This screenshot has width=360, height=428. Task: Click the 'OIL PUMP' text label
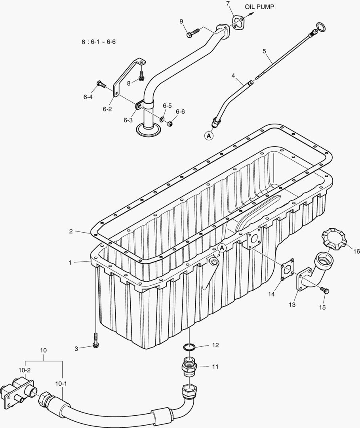pyautogui.click(x=259, y=7)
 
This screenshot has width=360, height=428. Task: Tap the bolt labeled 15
pyautogui.click(x=325, y=290)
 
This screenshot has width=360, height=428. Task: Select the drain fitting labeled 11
pyautogui.click(x=190, y=365)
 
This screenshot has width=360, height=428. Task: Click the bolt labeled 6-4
pyautogui.click(x=101, y=84)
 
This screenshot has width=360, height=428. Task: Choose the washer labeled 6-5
pyautogui.click(x=163, y=119)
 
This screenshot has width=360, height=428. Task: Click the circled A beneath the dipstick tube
pyautogui.click(x=209, y=136)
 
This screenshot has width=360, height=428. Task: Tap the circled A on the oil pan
pyautogui.click(x=222, y=248)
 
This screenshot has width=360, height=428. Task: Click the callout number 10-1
pyautogui.click(x=61, y=384)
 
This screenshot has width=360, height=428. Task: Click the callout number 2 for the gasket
pyautogui.click(x=71, y=231)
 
